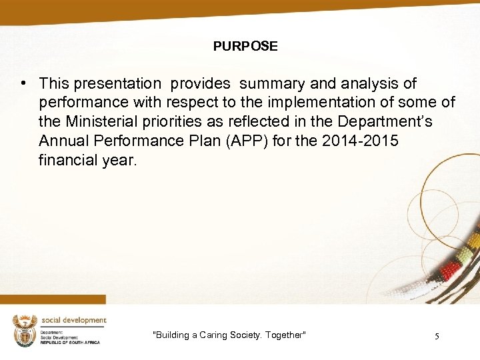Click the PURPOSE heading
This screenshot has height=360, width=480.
[x=245, y=46]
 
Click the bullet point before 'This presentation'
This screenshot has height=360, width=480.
[x=23, y=83]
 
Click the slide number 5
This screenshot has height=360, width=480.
[x=436, y=336]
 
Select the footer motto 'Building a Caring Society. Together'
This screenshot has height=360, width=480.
[x=229, y=335]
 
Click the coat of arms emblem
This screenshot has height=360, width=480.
[x=24, y=330]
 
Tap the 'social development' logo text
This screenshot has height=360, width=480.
[x=73, y=321]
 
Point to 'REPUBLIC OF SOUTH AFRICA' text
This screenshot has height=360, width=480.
[x=70, y=342]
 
